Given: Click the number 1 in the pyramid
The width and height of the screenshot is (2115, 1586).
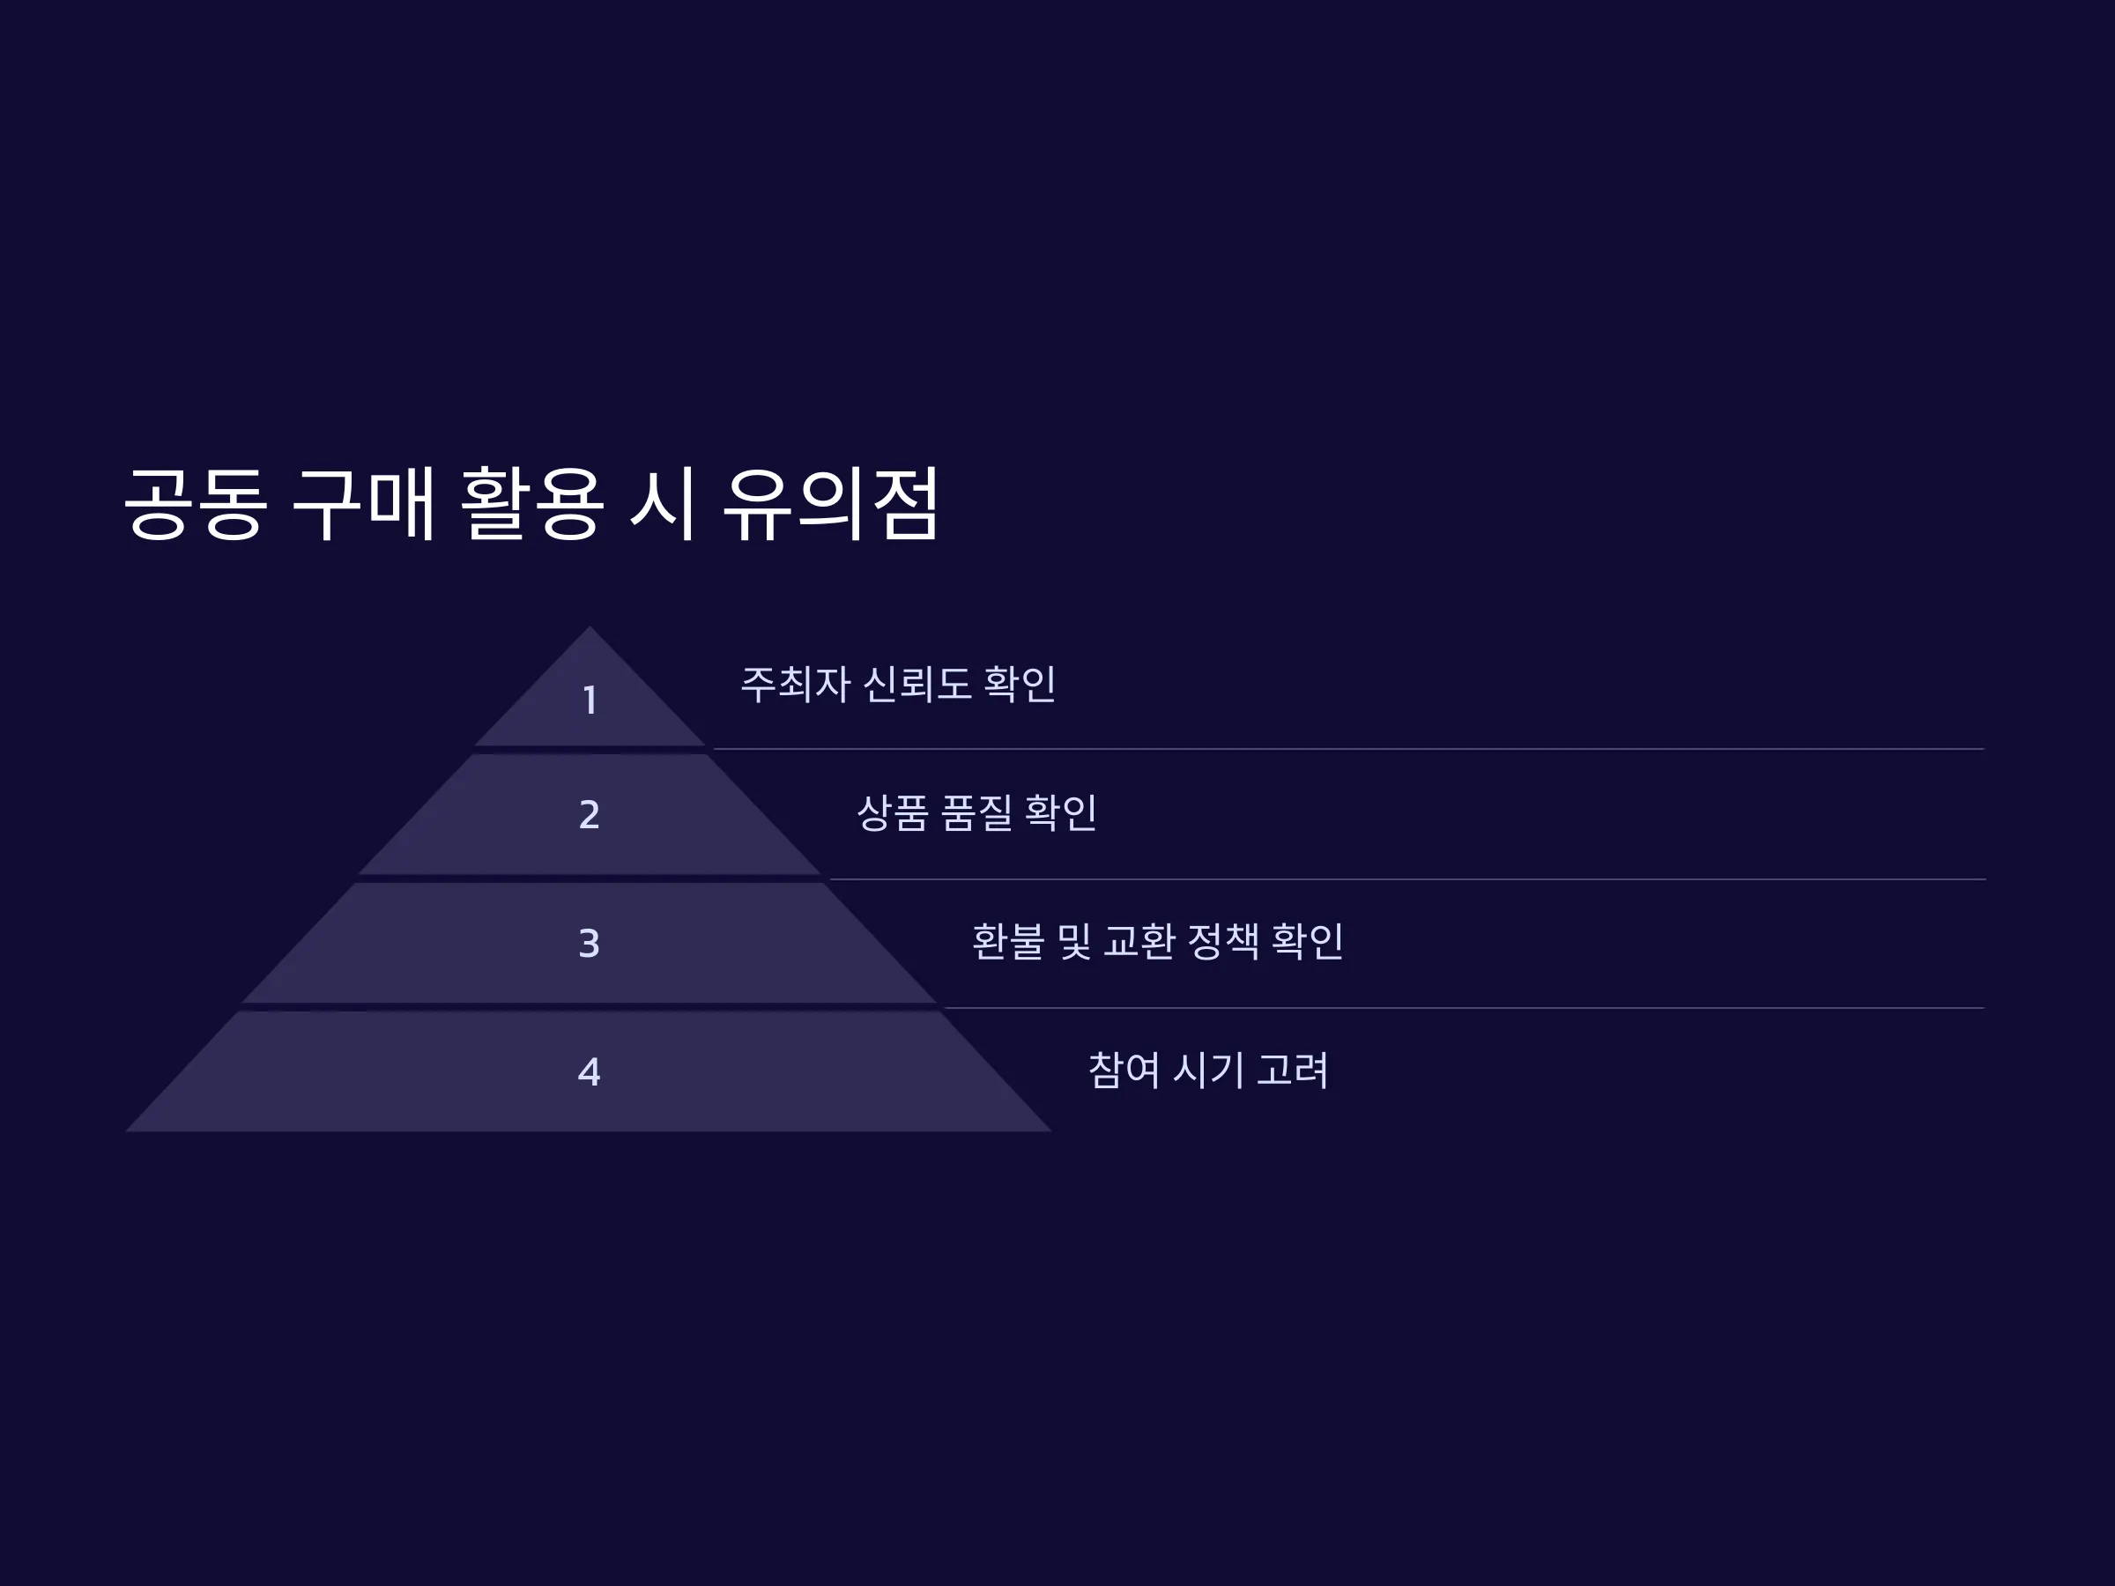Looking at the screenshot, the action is [590, 700].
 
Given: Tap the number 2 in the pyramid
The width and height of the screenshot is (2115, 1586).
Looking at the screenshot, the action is [590, 814].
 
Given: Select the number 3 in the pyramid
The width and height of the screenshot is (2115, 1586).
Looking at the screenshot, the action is [590, 944].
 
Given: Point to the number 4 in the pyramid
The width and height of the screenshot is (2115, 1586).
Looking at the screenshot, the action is [590, 1071].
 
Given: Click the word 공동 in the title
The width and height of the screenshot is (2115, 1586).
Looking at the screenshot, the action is [196, 504].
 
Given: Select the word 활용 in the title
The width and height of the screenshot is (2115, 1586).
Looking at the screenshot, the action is [531, 504].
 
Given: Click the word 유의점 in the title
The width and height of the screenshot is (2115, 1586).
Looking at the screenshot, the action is [832, 504].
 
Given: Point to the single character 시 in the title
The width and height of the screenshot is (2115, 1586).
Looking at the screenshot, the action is [662, 504].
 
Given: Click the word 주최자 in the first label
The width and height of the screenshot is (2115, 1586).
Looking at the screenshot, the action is [796, 685].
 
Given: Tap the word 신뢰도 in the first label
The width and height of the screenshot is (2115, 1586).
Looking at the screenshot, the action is [917, 685].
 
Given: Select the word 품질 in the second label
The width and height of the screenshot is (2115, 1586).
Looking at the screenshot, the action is [976, 813].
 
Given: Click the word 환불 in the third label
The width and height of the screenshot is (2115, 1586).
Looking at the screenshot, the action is [1009, 942].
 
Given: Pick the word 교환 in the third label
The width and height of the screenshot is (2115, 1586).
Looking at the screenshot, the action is [1139, 942].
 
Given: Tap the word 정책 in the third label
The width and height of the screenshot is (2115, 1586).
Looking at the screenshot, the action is [1223, 942].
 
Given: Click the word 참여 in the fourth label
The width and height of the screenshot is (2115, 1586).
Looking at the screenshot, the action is [1124, 1071].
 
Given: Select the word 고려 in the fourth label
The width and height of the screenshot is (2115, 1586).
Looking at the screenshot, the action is [1293, 1071].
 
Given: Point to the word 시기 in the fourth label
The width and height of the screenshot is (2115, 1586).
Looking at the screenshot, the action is [1208, 1071].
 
